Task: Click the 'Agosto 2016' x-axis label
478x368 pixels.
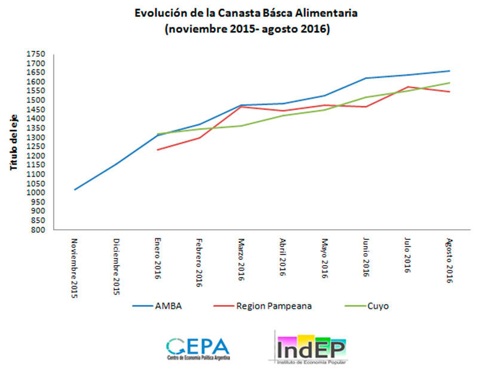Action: pos(449,260)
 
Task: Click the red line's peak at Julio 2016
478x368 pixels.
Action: pos(407,87)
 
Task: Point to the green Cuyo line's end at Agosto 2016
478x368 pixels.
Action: pos(449,83)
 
